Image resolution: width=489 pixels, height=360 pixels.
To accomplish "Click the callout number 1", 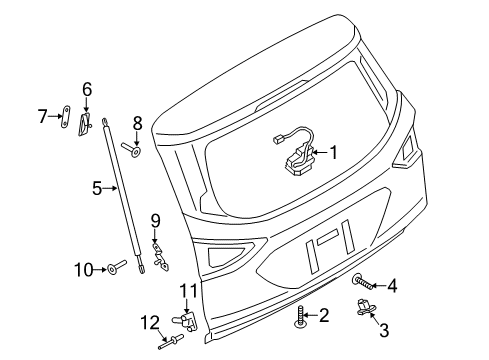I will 334,152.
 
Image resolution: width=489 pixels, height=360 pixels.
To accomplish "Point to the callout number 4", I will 392,286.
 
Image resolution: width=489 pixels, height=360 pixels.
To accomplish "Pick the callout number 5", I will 98,187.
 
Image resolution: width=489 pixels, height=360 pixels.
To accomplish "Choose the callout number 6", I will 87,91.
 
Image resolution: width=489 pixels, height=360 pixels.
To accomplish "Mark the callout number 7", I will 43,118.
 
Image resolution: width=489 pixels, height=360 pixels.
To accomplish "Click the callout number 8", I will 137,123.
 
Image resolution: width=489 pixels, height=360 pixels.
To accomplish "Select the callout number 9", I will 155,220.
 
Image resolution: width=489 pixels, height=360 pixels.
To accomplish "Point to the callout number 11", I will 186,291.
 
